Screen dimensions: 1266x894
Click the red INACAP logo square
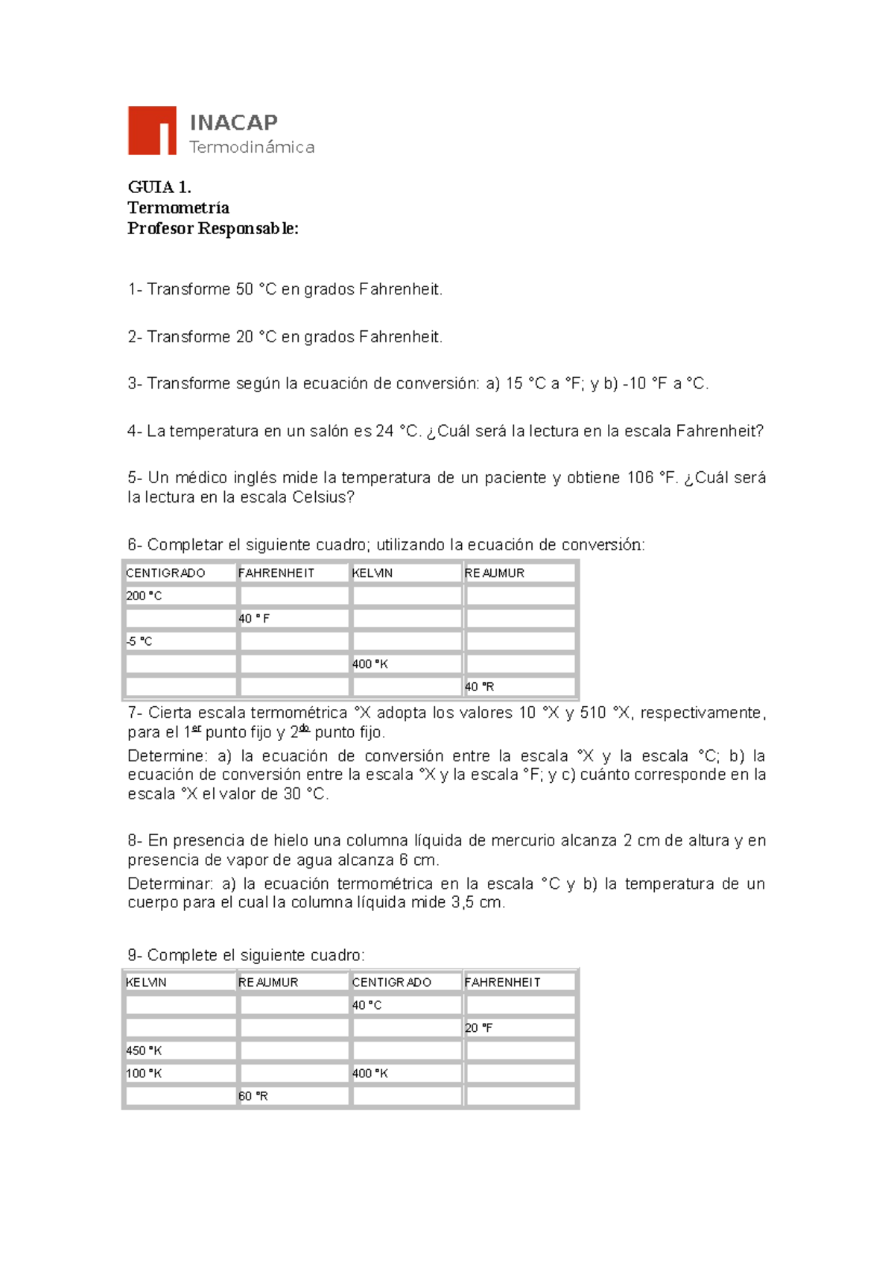click(152, 130)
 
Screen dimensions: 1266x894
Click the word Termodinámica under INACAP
click(252, 148)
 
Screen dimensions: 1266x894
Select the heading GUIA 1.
click(159, 187)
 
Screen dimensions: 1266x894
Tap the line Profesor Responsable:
click(213, 229)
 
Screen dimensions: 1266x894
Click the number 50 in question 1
click(244, 289)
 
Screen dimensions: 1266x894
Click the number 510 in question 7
click(593, 713)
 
